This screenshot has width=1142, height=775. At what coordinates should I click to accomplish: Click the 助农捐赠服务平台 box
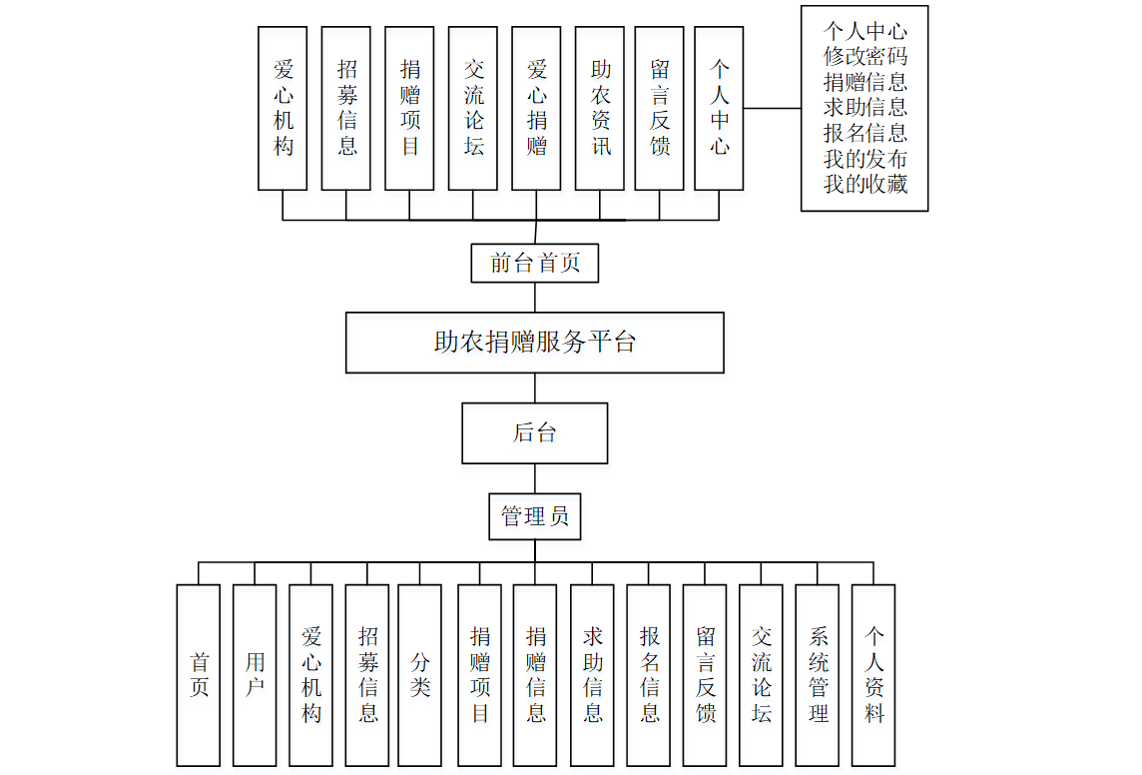click(534, 343)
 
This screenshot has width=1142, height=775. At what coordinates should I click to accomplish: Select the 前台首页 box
click(534, 264)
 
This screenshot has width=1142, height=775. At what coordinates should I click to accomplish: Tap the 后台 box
click(534, 433)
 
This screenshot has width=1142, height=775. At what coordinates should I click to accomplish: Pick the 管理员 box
click(534, 516)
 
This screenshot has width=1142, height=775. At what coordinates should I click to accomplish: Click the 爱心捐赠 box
click(536, 108)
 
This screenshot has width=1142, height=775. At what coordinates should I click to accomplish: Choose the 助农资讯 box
click(600, 108)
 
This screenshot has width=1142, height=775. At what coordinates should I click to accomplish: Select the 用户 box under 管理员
click(255, 675)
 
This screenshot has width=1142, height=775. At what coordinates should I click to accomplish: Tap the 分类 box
click(419, 675)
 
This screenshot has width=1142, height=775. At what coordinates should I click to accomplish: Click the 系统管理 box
click(817, 675)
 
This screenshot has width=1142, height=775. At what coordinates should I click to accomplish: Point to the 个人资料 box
click(873, 675)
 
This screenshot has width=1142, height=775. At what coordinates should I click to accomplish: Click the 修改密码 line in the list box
click(864, 56)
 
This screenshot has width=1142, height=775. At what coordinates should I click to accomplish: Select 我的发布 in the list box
click(864, 158)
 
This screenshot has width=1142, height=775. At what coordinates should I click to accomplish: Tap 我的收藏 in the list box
click(864, 184)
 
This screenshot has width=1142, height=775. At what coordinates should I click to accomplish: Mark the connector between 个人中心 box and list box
click(772, 108)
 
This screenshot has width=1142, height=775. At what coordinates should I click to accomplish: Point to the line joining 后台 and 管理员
click(535, 478)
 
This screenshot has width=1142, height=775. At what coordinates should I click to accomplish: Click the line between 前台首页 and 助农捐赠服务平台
click(535, 298)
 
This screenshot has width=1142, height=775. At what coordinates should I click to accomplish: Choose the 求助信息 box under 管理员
click(592, 675)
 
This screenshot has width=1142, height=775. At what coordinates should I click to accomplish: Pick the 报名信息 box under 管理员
click(649, 675)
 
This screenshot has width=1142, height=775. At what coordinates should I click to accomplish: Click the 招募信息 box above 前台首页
click(346, 108)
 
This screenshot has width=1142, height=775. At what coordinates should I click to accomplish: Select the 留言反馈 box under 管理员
click(705, 675)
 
